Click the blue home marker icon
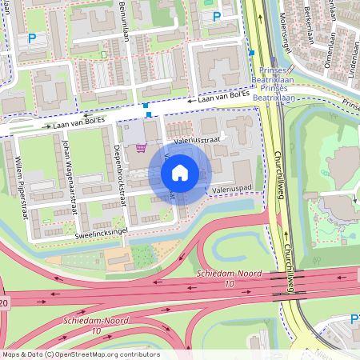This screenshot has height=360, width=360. [180, 172]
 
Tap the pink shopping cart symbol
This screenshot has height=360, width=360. [141, 147]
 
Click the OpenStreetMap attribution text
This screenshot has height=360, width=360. [80, 354]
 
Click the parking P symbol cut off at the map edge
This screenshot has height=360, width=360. [354, 319]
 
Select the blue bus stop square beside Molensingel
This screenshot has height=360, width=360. [251, 53]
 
